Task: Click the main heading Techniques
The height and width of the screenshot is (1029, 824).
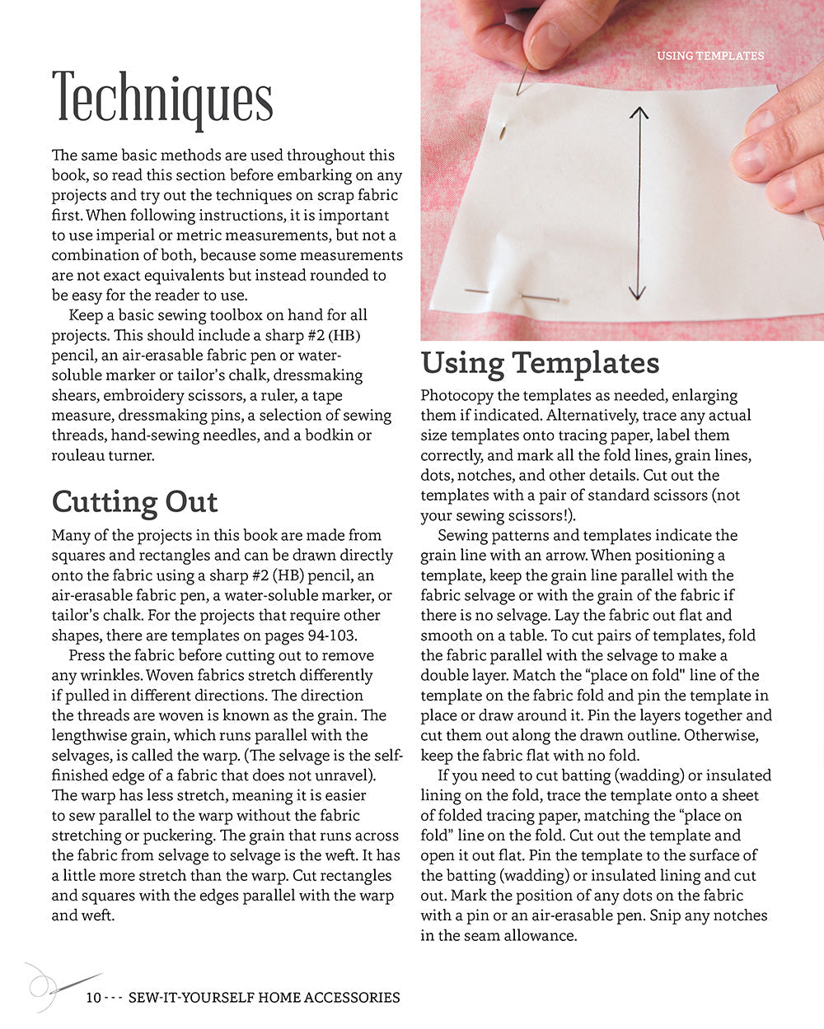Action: [162, 99]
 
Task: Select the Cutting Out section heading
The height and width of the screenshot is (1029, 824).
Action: [134, 501]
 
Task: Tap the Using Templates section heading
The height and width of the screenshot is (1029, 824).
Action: [540, 363]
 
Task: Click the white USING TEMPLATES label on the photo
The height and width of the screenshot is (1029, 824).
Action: [709, 56]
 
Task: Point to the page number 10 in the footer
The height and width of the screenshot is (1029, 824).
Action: [92, 998]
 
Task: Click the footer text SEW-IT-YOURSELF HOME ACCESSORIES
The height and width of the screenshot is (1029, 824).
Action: [264, 998]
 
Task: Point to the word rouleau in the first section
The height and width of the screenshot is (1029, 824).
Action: [79, 455]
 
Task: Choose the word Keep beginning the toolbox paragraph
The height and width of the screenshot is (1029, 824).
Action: [86, 315]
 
